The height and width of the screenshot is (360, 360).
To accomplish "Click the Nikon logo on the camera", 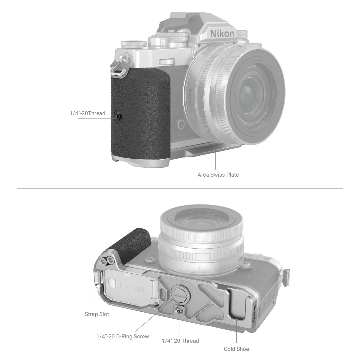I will click(222, 33).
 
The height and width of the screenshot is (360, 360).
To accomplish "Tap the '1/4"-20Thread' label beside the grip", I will click(87, 113).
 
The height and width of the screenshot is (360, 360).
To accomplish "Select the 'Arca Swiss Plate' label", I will click(218, 175).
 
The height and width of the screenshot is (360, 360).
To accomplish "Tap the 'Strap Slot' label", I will click(97, 314).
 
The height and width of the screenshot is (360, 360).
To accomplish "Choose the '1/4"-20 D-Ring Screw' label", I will click(122, 336).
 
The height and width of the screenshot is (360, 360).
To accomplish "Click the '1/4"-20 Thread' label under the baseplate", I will click(180, 341).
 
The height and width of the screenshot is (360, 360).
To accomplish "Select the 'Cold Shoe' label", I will click(236, 349).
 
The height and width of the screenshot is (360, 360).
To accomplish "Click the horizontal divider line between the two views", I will click(180, 189).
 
